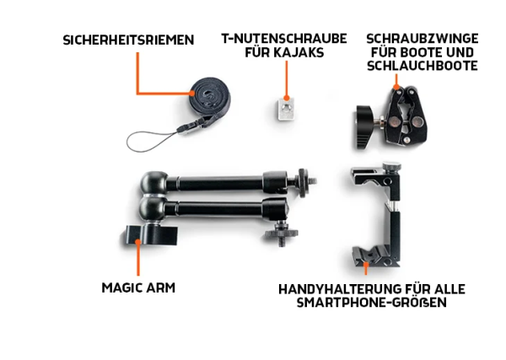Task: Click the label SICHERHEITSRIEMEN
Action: tap(127, 40)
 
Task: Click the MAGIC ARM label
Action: tap(138, 287)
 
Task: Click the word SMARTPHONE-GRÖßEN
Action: tap(372, 303)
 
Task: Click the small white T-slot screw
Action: tap(286, 108)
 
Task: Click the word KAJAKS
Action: tap(300, 53)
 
